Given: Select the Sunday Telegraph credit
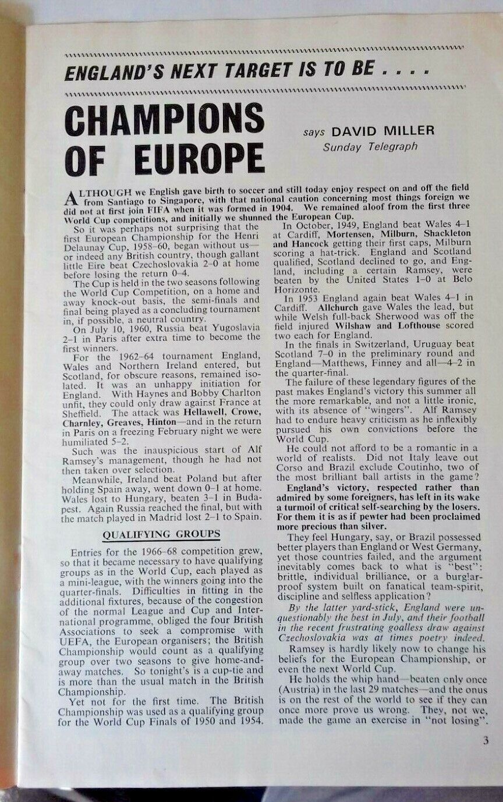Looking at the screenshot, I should click(x=370, y=147).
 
